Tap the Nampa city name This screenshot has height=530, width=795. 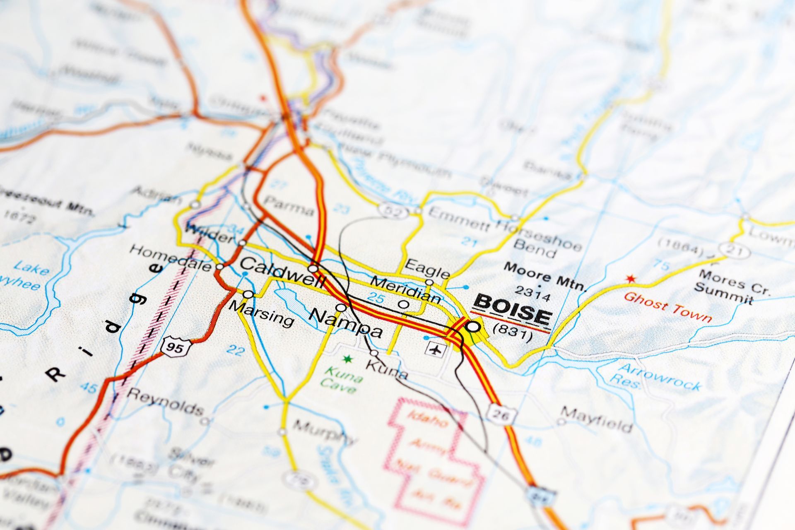coord(346,323)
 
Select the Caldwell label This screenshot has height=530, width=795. coord(283,272)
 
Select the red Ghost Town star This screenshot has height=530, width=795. coord(630,279)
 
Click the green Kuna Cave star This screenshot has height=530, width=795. coord(347,359)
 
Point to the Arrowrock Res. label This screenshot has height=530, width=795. coord(656,377)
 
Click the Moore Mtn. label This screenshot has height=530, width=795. coord(545,276)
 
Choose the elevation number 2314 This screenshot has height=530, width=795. coord(533,294)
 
